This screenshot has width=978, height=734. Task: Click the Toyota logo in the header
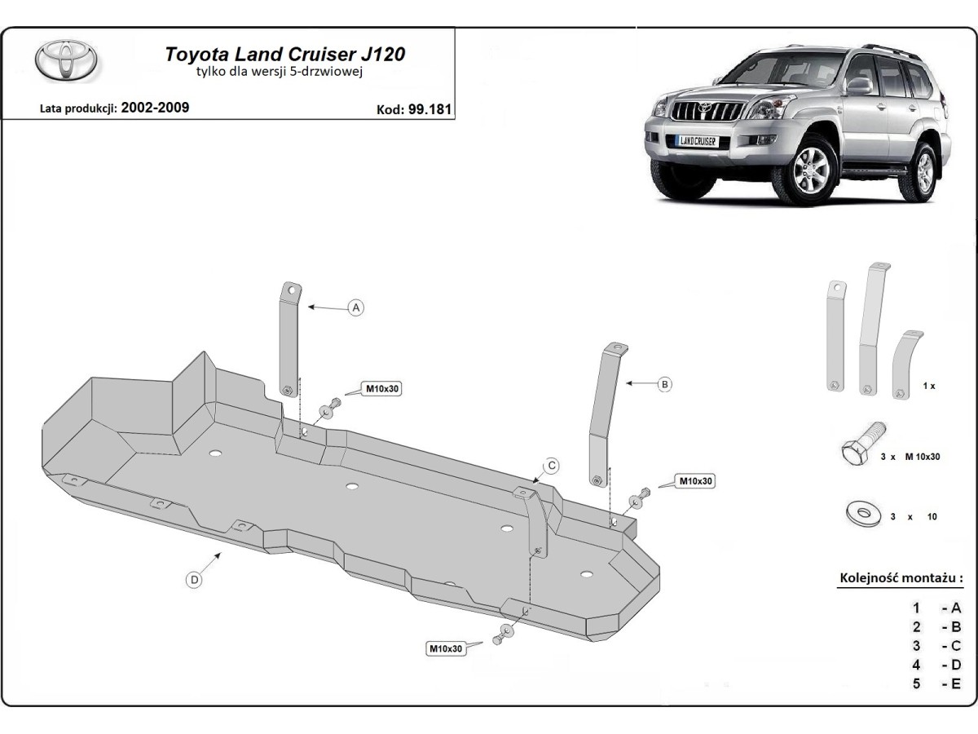coord(66,60)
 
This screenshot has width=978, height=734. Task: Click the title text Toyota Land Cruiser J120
coord(285,55)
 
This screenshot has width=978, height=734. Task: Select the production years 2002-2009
coord(155,107)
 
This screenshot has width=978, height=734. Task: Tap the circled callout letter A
coord(355,307)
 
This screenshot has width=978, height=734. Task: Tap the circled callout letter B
coord(664,383)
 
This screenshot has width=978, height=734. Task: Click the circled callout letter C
coord(551,466)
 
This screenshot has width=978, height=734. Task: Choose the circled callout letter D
coord(194,580)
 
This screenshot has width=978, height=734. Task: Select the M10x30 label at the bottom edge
coord(445,648)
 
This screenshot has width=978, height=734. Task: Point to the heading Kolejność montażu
coord(901,578)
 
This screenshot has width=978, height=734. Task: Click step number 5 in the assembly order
coord(916,683)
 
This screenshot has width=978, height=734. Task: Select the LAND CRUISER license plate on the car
coord(697,140)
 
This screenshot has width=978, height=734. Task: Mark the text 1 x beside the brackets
coord(928,386)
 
